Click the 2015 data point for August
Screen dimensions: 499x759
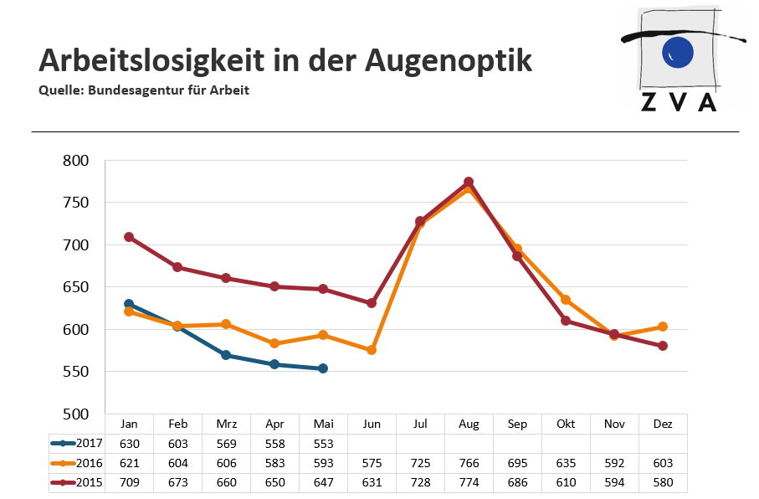[x=469, y=182]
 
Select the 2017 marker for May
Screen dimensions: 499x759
[x=323, y=368]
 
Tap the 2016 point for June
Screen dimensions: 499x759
[x=372, y=350]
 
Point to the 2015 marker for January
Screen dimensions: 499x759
[x=129, y=237]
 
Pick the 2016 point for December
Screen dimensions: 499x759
[x=663, y=327]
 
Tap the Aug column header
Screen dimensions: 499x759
[x=469, y=424]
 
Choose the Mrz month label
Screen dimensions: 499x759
[x=226, y=424]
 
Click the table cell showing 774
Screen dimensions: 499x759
[x=469, y=483]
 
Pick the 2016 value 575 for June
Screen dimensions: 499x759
[x=372, y=463]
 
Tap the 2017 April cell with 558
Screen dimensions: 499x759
[x=274, y=444]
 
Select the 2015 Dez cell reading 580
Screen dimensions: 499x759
[x=663, y=483]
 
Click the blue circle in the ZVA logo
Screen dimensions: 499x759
[x=677, y=52]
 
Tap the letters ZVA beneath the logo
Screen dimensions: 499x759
[x=679, y=101]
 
